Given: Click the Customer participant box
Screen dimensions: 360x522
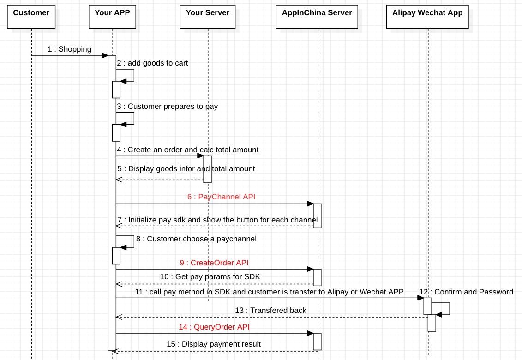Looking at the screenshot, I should coord(31,17).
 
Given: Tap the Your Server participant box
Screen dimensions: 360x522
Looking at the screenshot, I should coord(208,17).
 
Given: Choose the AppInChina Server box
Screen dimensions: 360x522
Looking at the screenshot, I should coord(317,17).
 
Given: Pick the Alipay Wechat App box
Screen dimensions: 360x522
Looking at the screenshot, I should coord(427,17).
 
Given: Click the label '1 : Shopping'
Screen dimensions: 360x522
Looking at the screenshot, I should coord(69,49).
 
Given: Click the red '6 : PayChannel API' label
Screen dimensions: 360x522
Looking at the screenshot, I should coord(221,197).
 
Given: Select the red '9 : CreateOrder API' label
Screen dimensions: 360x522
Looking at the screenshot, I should coord(214,263).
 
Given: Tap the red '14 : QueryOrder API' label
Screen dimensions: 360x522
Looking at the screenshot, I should coord(214,327).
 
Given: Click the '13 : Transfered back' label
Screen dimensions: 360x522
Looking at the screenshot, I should coord(270,311).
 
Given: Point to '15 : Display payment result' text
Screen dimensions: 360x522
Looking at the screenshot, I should coord(214,344).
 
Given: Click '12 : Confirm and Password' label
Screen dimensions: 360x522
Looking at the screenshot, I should coord(466,292).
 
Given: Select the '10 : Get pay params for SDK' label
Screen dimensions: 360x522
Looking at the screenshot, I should coord(210,277).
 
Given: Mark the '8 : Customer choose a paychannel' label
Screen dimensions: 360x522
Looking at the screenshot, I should coord(196,239).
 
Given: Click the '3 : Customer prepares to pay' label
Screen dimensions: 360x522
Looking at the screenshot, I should coord(167,107).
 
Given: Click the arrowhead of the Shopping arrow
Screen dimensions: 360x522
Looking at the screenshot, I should coord(105,55).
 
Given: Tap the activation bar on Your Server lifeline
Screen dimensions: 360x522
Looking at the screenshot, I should coord(208,169).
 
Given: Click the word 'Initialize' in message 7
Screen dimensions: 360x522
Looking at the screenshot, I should coord(143,220).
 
